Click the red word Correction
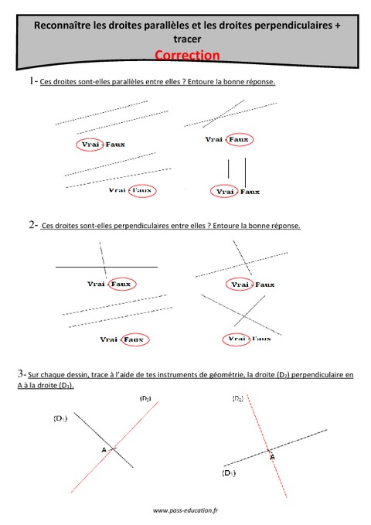click(186, 55)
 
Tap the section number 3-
click(22, 373)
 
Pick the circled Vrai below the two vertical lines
click(225, 191)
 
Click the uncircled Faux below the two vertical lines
click(250, 191)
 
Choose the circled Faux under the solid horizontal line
click(121, 284)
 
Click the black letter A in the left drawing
click(103, 448)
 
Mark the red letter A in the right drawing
click(272, 458)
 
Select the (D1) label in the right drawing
click(228, 472)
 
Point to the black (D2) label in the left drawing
click(145, 397)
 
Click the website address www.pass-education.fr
click(185, 511)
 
